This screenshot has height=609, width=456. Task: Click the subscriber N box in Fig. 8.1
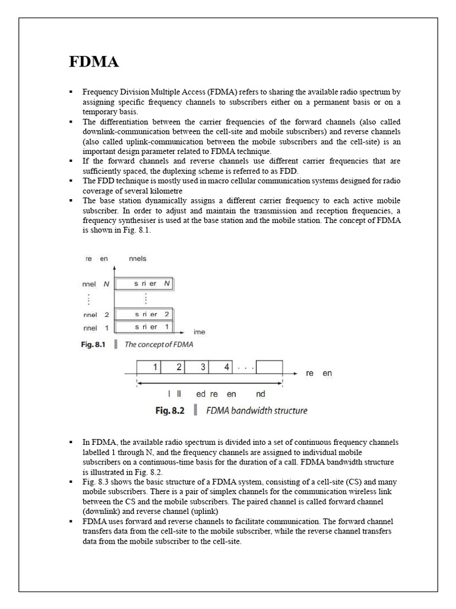144,284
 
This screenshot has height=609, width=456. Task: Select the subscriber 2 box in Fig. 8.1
144,314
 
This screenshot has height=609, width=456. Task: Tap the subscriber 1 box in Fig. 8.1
144,327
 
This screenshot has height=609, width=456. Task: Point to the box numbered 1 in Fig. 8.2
148,368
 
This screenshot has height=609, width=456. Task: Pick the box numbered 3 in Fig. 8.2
197,368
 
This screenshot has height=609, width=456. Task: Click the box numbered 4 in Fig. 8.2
221,368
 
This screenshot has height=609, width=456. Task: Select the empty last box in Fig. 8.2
270,368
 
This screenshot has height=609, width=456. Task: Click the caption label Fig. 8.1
93,344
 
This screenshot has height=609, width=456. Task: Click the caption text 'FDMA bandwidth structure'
256,410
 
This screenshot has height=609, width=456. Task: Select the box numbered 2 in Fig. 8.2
173,368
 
